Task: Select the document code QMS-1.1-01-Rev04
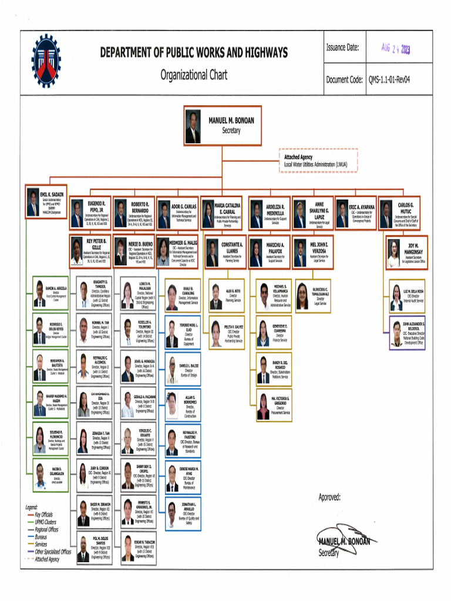pyautogui.click(x=389, y=80)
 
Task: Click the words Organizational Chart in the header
pyautogui.click(x=194, y=75)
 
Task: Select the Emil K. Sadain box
pyautogui.click(x=46, y=201)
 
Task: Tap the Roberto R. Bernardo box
pyautogui.click(x=134, y=213)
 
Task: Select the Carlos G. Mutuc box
pyautogui.click(x=399, y=213)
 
